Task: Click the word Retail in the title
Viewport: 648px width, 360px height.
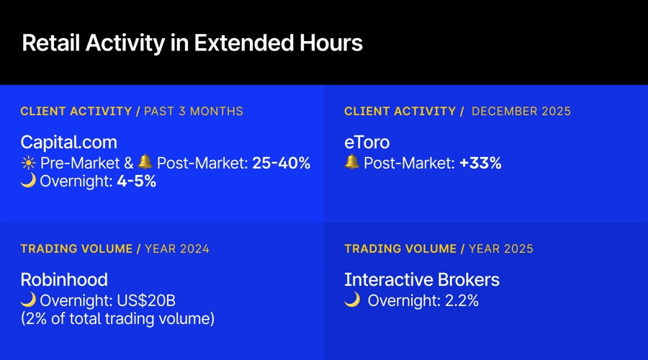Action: click(51, 43)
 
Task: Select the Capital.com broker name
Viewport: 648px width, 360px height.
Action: click(68, 142)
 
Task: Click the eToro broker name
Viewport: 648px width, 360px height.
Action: click(366, 142)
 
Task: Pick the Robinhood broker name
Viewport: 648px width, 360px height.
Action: click(64, 279)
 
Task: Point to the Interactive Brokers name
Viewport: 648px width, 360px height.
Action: click(422, 279)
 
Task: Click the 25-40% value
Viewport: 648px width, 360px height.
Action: click(281, 163)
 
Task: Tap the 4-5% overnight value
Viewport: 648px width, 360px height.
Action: click(137, 181)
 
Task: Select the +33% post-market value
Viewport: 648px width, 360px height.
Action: click(480, 163)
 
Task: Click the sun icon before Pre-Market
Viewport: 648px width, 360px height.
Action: click(28, 163)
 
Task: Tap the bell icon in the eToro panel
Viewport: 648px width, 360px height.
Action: click(352, 163)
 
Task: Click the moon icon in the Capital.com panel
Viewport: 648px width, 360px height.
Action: click(28, 181)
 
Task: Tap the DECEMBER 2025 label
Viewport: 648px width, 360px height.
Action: click(521, 112)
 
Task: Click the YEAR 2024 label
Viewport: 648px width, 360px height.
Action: click(177, 249)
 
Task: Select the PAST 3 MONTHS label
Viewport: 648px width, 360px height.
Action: click(194, 112)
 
